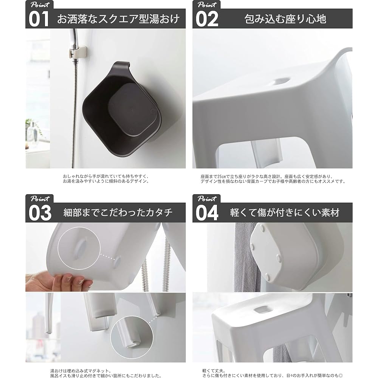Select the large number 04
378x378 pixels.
pos(207,213)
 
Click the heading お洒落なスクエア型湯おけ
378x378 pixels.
pos(118,19)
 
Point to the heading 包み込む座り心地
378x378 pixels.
pos(285,19)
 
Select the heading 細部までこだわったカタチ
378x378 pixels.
pos(118,212)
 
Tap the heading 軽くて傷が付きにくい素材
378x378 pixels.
pos(285,212)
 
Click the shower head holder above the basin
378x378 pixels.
pos(78,52)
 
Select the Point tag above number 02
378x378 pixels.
pos(207,5)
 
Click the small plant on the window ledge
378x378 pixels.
pos(29,125)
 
